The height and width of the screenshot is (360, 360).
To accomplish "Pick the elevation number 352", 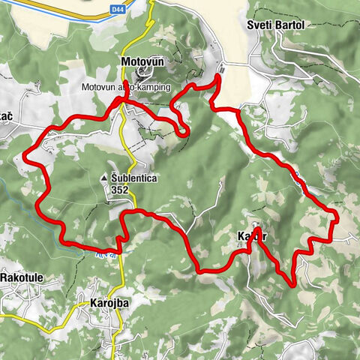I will click(118, 190).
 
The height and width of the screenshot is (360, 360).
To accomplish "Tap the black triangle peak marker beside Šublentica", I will click(104, 178).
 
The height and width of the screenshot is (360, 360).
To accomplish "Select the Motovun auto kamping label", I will click(127, 88).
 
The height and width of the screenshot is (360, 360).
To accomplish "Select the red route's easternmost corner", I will click(337, 218).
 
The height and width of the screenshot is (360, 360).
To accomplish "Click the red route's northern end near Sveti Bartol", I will click(218, 76).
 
